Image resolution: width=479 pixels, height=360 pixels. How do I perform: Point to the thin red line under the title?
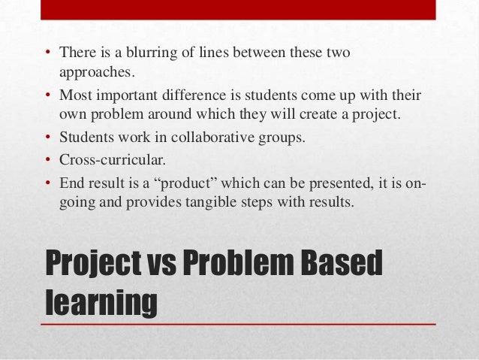pos(239,324)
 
